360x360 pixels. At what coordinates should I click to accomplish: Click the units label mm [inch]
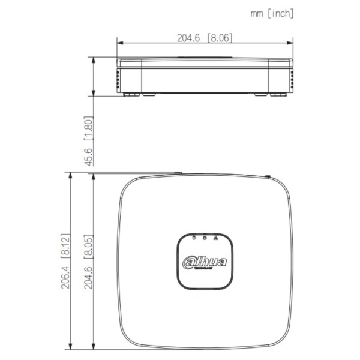point(272,13)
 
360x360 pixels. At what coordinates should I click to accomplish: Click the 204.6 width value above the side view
point(189,37)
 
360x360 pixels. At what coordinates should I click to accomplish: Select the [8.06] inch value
point(219,37)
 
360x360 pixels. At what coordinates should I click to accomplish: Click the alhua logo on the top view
point(205,262)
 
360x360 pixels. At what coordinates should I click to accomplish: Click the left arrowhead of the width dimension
point(119,43)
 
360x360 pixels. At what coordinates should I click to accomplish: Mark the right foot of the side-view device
point(278,94)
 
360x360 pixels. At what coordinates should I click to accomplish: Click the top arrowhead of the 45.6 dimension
point(93,59)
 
